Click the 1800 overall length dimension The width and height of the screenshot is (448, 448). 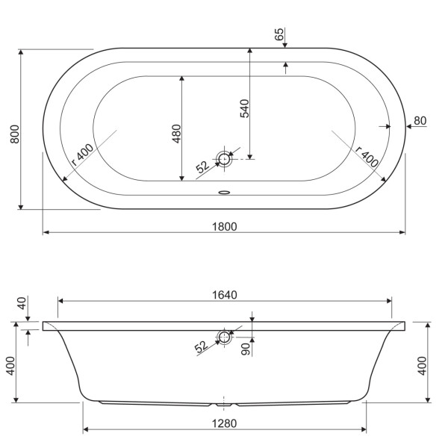click(x=223, y=225)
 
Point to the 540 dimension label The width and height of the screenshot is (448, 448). click(x=243, y=108)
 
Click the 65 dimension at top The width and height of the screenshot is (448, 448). click(x=279, y=34)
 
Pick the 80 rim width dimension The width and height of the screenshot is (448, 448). click(x=420, y=120)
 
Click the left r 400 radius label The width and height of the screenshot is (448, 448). click(x=81, y=154)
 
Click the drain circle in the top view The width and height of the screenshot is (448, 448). click(x=225, y=158)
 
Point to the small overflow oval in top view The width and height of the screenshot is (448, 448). click(x=224, y=191)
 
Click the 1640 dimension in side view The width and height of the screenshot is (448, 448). click(x=223, y=294)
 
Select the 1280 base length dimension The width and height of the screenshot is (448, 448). click(x=223, y=423)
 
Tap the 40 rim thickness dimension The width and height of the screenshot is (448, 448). click(x=22, y=303)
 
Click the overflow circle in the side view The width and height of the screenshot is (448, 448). click(x=224, y=337)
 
